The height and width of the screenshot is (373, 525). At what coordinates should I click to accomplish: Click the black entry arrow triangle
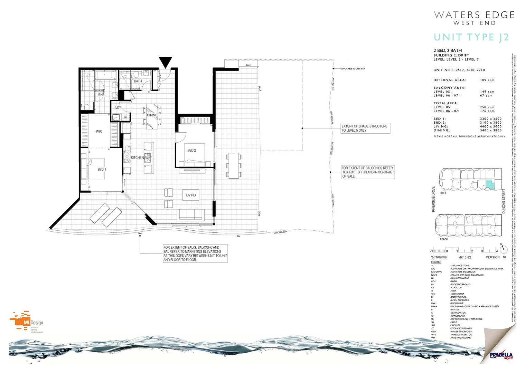[x=166, y=62]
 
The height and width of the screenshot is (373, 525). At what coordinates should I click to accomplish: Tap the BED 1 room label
[x=102, y=169]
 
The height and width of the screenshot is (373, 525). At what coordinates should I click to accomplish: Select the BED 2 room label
[x=191, y=150]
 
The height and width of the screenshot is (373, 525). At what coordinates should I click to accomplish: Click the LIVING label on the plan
[x=191, y=195]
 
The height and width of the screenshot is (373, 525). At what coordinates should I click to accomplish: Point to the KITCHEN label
[x=137, y=157]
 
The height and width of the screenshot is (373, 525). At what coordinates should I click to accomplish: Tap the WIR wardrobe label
[x=99, y=132]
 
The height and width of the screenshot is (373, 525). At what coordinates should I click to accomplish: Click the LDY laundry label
[x=118, y=107]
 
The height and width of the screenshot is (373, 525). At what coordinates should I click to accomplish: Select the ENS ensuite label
[x=101, y=95]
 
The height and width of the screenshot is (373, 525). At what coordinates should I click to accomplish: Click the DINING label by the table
[x=152, y=115]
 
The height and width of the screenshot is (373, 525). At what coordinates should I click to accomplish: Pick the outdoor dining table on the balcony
[x=234, y=165]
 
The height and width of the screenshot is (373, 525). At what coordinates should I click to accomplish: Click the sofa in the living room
[x=190, y=214]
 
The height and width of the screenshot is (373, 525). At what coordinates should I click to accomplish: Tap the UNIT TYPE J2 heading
[x=471, y=37]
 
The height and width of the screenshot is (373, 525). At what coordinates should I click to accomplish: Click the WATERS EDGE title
[x=474, y=15]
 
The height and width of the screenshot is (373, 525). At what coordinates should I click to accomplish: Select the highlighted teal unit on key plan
[x=490, y=185]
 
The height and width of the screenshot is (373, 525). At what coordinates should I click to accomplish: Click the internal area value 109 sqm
[x=487, y=80]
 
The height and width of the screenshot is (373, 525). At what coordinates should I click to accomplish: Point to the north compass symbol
[x=503, y=249]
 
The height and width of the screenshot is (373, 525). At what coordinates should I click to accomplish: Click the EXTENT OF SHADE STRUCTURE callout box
[x=365, y=128]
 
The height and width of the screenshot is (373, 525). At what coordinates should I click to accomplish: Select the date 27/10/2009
[x=439, y=257]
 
